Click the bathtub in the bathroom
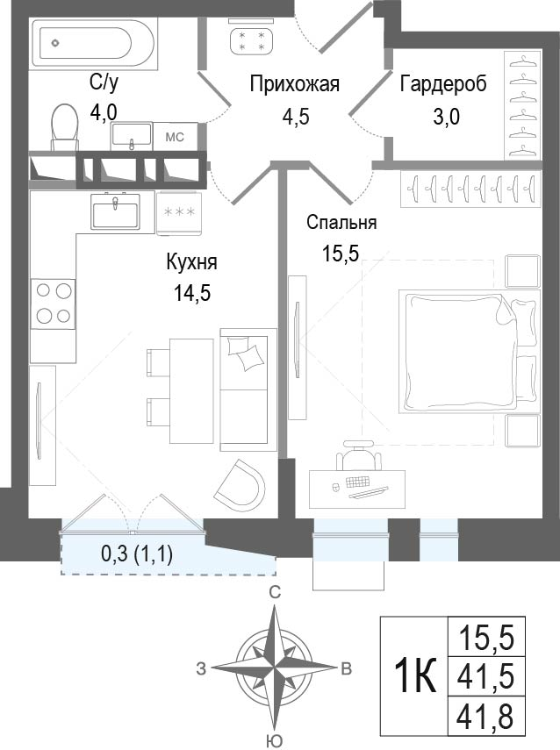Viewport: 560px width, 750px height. [x=93, y=43]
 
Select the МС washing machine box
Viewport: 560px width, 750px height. [x=175, y=137]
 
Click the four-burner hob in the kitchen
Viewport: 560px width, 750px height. [x=54, y=304]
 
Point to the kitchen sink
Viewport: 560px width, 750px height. [x=116, y=211]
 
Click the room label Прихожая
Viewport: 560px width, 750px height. [x=295, y=84]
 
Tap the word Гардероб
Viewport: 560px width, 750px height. [x=443, y=83]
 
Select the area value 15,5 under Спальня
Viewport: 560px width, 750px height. [x=341, y=253]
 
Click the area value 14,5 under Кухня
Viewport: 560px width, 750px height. [x=192, y=293]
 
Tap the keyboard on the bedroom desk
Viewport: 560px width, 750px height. [x=357, y=481]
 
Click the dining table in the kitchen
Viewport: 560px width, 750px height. [x=191, y=390]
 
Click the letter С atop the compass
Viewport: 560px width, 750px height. [x=274, y=592]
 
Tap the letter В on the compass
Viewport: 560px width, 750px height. [x=346, y=668]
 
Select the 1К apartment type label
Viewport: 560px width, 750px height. [x=415, y=675]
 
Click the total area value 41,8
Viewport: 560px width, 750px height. [x=486, y=717]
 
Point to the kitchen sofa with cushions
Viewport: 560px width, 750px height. [x=248, y=389]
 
